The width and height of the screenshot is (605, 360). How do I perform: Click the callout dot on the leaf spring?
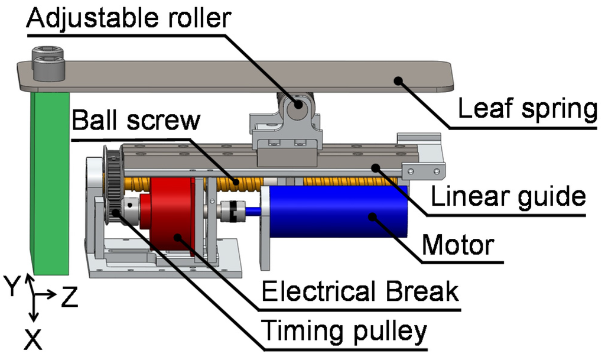tap(399, 80)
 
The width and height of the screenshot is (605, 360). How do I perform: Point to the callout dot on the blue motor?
tap(372, 217)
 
